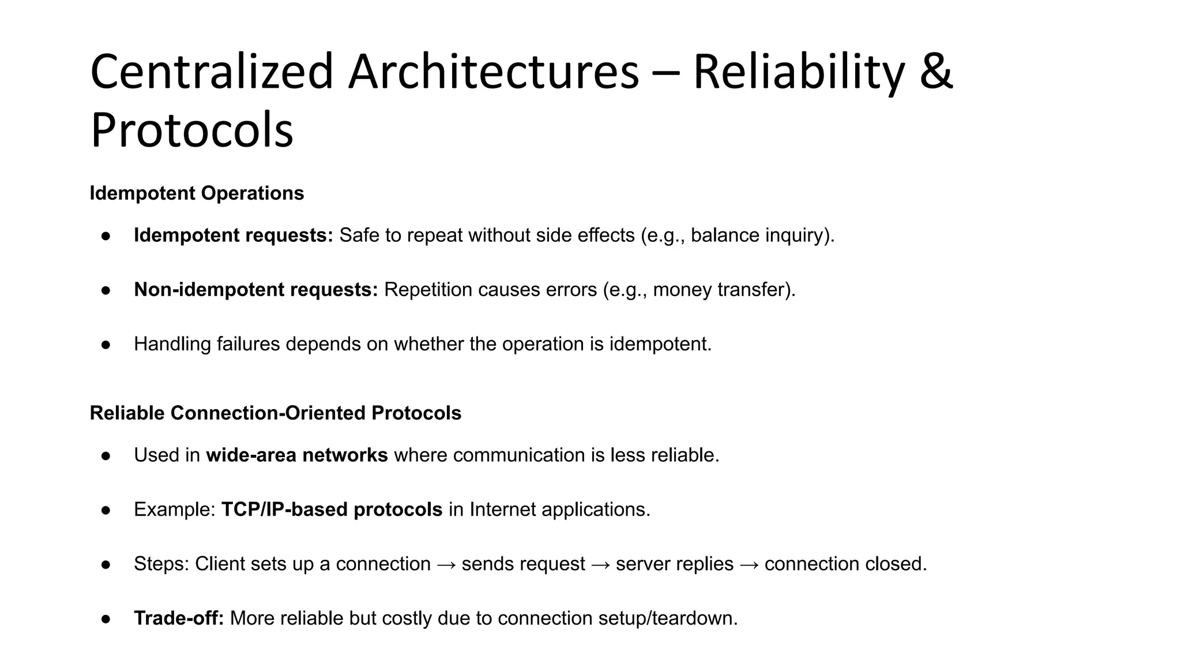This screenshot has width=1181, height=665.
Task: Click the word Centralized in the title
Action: pyautogui.click(x=212, y=72)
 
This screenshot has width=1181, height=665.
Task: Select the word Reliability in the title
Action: pyautogui.click(x=798, y=72)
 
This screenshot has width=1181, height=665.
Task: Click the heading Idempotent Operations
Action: pyautogui.click(x=197, y=193)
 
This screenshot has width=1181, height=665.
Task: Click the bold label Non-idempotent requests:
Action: pyautogui.click(x=256, y=290)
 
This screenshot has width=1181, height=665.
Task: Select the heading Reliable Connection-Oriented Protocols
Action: pyautogui.click(x=276, y=413)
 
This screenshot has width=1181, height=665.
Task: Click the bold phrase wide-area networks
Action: pyautogui.click(x=297, y=455)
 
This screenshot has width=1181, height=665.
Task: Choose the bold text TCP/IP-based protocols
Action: pyautogui.click(x=332, y=510)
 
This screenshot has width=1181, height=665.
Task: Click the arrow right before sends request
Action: pyautogui.click(x=446, y=565)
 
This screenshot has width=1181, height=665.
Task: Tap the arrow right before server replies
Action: pyautogui.click(x=600, y=565)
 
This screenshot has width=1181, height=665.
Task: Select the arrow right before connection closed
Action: pyautogui.click(x=749, y=565)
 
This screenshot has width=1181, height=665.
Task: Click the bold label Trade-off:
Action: pyautogui.click(x=179, y=618)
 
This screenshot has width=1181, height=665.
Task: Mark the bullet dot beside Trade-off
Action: pyautogui.click(x=106, y=619)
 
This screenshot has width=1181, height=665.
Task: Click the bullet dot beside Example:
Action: pyautogui.click(x=106, y=510)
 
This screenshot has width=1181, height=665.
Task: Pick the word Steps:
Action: pyautogui.click(x=161, y=564)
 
